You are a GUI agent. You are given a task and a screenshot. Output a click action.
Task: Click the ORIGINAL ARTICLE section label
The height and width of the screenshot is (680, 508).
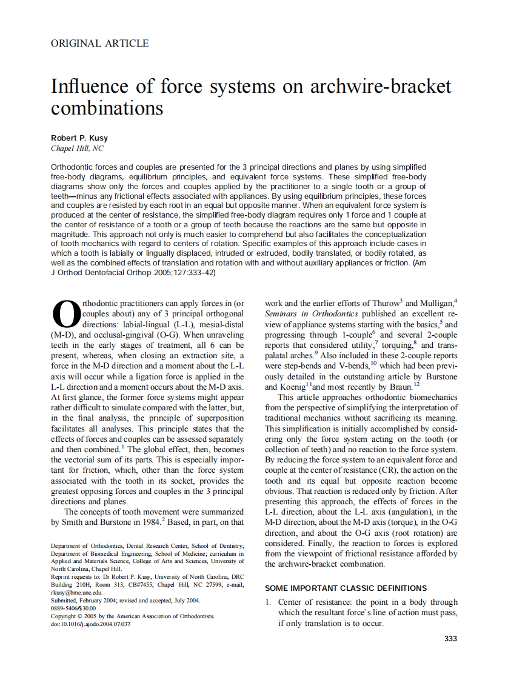99,43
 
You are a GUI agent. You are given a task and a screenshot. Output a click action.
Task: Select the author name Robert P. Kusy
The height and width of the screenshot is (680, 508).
79,138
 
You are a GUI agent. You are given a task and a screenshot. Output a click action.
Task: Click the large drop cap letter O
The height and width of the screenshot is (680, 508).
66,315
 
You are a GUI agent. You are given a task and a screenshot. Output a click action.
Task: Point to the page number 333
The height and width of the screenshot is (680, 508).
450,638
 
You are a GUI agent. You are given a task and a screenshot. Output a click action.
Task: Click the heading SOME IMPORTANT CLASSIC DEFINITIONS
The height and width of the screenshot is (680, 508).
346,588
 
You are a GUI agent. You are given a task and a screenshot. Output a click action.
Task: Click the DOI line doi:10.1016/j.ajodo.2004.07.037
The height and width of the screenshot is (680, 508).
90,624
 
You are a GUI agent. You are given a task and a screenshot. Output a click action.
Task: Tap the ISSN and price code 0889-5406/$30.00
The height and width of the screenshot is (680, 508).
73,608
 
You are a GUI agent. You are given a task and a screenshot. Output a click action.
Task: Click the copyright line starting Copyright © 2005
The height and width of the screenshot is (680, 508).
133,616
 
